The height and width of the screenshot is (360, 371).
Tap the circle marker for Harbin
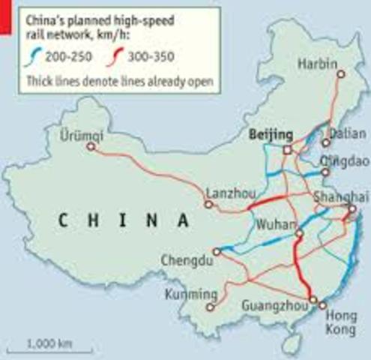coord(340,74)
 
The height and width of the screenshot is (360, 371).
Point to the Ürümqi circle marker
coord(91,148)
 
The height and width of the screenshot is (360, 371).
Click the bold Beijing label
coord(268,134)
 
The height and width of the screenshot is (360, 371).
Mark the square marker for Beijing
coord(286,150)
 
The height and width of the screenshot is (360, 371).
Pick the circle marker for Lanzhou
coord(209,204)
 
